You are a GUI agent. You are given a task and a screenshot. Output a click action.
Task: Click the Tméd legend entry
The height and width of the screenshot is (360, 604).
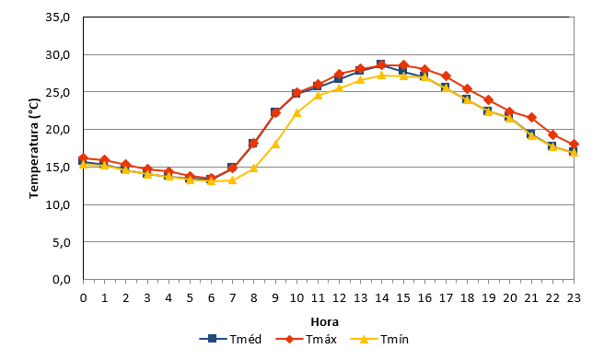(x=230, y=339)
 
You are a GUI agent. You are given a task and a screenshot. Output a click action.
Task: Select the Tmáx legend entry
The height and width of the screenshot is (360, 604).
(x=307, y=339)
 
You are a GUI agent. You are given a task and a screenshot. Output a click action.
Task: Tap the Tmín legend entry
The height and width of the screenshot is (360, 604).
(x=379, y=339)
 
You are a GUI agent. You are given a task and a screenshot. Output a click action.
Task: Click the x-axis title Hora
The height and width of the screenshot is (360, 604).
(x=325, y=321)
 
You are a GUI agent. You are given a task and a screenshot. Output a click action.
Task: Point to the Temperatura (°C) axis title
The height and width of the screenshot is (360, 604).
(x=34, y=148)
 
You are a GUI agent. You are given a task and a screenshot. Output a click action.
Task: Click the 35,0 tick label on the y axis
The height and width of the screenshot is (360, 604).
(x=58, y=17)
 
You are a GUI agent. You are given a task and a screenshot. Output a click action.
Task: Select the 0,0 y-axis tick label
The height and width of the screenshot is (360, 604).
(x=62, y=280)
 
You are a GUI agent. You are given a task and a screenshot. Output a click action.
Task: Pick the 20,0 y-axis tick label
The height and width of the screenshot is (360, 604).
(x=58, y=130)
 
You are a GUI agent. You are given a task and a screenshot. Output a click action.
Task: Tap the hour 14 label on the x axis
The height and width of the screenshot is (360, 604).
(x=381, y=297)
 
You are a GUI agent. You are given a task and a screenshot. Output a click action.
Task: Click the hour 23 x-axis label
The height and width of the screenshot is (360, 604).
(x=574, y=297)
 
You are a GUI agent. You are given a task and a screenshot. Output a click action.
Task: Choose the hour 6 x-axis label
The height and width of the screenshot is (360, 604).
(x=211, y=297)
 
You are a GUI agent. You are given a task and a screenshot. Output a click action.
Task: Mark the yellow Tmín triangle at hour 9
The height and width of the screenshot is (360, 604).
(x=275, y=145)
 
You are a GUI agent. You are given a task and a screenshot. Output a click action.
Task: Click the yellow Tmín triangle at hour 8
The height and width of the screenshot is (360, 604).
(x=254, y=168)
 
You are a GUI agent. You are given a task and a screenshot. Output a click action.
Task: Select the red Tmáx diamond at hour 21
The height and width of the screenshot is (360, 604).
(x=531, y=118)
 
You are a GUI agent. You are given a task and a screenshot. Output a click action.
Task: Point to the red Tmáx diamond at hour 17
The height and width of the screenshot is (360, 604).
(x=446, y=76)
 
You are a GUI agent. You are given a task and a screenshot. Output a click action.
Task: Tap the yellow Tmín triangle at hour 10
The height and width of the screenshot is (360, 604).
(x=296, y=113)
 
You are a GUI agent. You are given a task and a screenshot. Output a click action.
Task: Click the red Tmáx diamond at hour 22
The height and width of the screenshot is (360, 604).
(x=552, y=134)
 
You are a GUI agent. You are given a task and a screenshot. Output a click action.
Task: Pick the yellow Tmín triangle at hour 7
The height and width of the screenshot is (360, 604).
(x=232, y=180)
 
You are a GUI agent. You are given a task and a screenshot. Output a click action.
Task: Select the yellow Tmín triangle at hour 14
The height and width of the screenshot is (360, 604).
(x=381, y=75)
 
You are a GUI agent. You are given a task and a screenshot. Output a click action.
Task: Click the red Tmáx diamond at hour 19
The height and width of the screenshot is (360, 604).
(x=489, y=100)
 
